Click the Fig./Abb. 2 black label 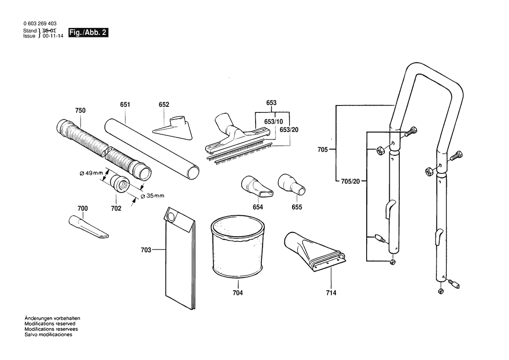click(88, 33)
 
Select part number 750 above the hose click(80, 111)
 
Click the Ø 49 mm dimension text click(91, 173)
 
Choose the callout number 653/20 click(289, 130)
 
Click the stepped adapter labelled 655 click(290, 183)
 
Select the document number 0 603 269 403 click(38, 24)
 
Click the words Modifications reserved click(50, 324)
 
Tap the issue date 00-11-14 click(53, 36)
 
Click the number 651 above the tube click(125, 105)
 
